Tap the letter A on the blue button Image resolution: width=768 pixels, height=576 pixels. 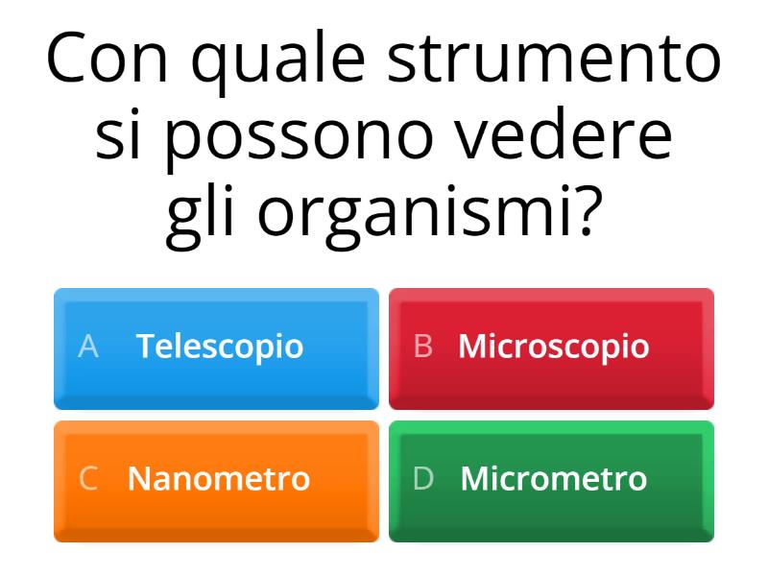pos(88,347)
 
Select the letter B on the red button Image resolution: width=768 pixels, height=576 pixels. pos(422,347)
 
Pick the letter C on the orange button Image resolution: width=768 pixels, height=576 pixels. pos(88,478)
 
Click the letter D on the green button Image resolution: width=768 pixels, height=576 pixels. pos(423,478)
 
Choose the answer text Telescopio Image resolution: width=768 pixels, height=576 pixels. pos(220,346)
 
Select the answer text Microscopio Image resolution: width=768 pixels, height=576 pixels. pos(554,346)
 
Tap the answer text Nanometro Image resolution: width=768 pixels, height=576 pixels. pos(219,478)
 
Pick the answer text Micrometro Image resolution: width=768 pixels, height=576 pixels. pos(554,478)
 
